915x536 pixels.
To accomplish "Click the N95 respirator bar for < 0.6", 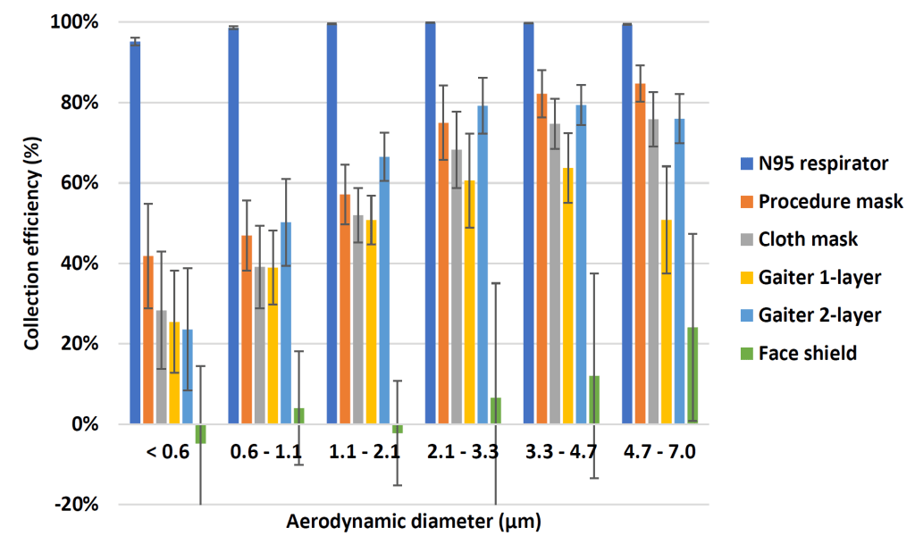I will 135,232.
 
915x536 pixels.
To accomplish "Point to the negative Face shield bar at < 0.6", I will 201,433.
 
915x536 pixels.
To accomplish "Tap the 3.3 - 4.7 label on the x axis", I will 561,451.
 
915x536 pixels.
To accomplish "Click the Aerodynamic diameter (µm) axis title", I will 415,519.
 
